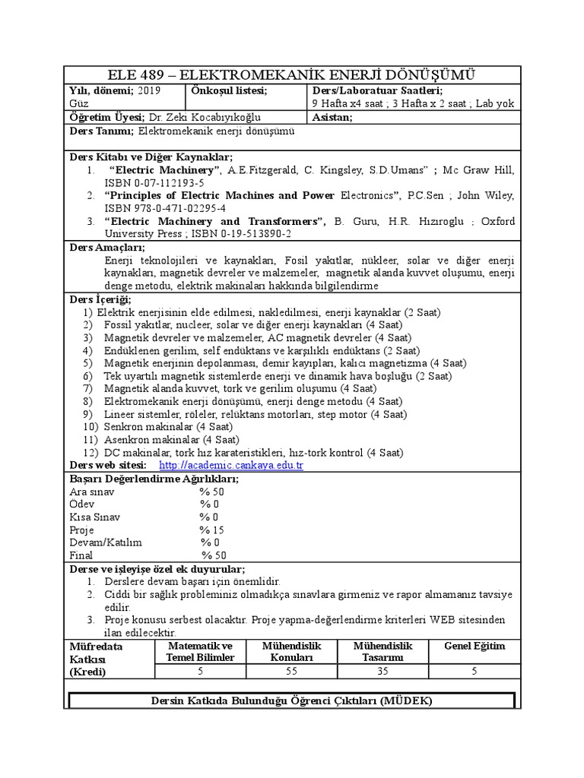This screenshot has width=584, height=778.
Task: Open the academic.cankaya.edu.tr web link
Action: click(x=231, y=465)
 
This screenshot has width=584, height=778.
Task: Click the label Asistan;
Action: click(x=333, y=118)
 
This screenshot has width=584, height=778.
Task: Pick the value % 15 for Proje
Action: click(x=212, y=530)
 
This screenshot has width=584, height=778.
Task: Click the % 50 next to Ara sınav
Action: click(x=212, y=492)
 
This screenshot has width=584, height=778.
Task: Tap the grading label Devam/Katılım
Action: click(x=106, y=542)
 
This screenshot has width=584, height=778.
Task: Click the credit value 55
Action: click(x=292, y=671)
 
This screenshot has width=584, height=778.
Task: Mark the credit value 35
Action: click(x=382, y=671)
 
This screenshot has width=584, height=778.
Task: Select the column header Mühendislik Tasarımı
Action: click(x=382, y=651)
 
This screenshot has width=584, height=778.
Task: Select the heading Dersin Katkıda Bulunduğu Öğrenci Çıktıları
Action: click(x=292, y=700)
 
